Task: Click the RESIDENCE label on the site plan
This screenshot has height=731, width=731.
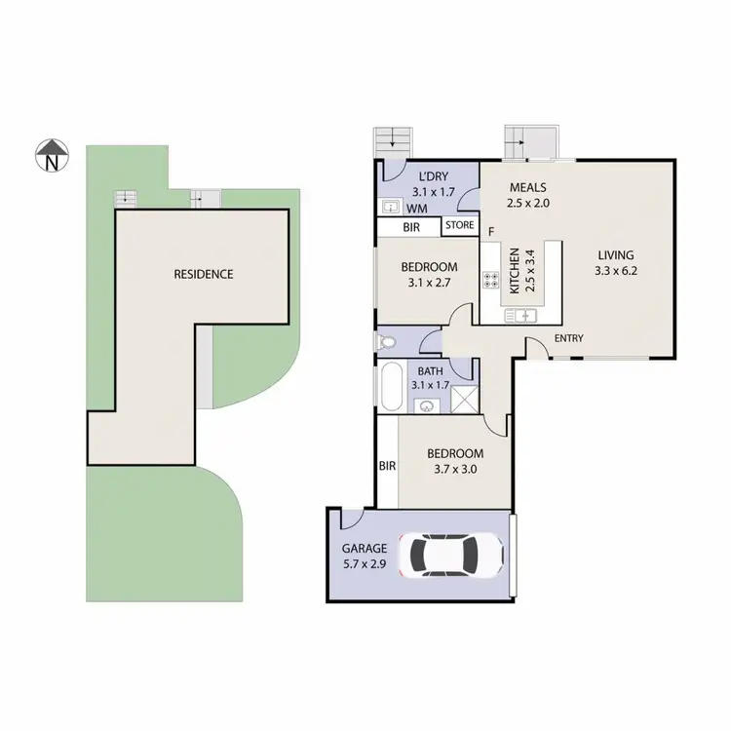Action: pos(204,274)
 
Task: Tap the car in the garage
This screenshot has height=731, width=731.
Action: pos(456,556)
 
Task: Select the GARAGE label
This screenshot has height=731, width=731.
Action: pos(365,548)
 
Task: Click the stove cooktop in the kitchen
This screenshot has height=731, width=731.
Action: pos(491,280)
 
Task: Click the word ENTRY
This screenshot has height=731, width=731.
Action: pos(569,338)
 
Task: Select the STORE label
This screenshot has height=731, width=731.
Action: pos(460,226)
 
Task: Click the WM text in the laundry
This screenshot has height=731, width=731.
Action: pos(417,209)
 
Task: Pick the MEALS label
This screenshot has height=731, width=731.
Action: pos(527,188)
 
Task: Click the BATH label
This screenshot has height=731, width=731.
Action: pos(430,370)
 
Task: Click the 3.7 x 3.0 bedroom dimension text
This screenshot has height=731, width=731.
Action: pos(456,469)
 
